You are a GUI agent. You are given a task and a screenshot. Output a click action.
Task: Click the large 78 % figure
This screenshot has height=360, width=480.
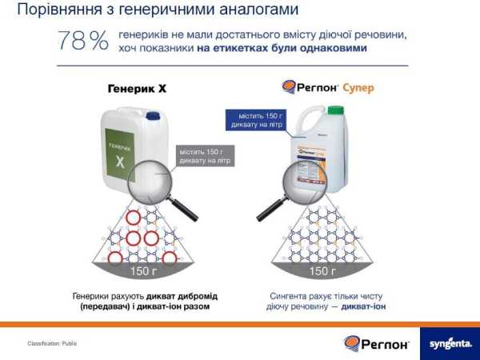[x=82, y=42]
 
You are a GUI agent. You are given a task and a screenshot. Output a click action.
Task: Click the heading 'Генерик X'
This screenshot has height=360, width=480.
[x=136, y=89]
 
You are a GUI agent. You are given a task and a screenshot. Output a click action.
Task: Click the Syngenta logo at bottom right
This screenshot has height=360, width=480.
[x=448, y=343]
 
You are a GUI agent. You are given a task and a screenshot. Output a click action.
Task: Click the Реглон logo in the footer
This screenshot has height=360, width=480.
[x=377, y=343]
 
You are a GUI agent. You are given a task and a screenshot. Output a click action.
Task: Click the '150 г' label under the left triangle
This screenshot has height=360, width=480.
[x=143, y=271]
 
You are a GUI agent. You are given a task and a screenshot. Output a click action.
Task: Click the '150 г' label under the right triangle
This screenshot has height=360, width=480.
[x=322, y=271]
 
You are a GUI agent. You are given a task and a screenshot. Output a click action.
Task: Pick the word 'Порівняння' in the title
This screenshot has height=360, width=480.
[x=56, y=10]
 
